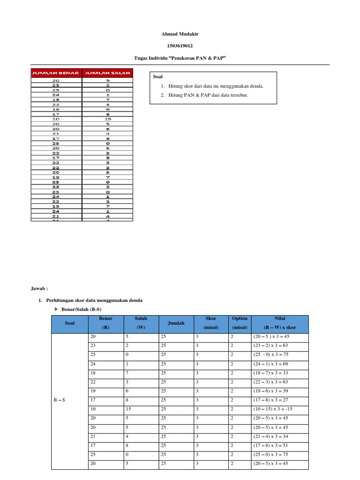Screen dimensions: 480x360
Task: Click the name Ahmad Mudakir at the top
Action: pyautogui.click(x=180, y=34)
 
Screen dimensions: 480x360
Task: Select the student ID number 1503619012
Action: pyautogui.click(x=180, y=46)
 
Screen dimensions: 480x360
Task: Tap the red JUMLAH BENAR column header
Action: pyautogui.click(x=56, y=73)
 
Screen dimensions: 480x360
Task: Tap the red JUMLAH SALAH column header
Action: pyautogui.click(x=107, y=73)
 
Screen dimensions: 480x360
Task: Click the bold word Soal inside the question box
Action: pyautogui.click(x=158, y=76)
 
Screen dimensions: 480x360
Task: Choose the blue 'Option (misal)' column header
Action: pyautogui.click(x=240, y=323)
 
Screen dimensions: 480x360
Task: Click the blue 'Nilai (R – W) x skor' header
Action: pyautogui.click(x=279, y=323)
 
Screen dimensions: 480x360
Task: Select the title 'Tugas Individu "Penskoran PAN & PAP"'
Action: pyautogui.click(x=180, y=58)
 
